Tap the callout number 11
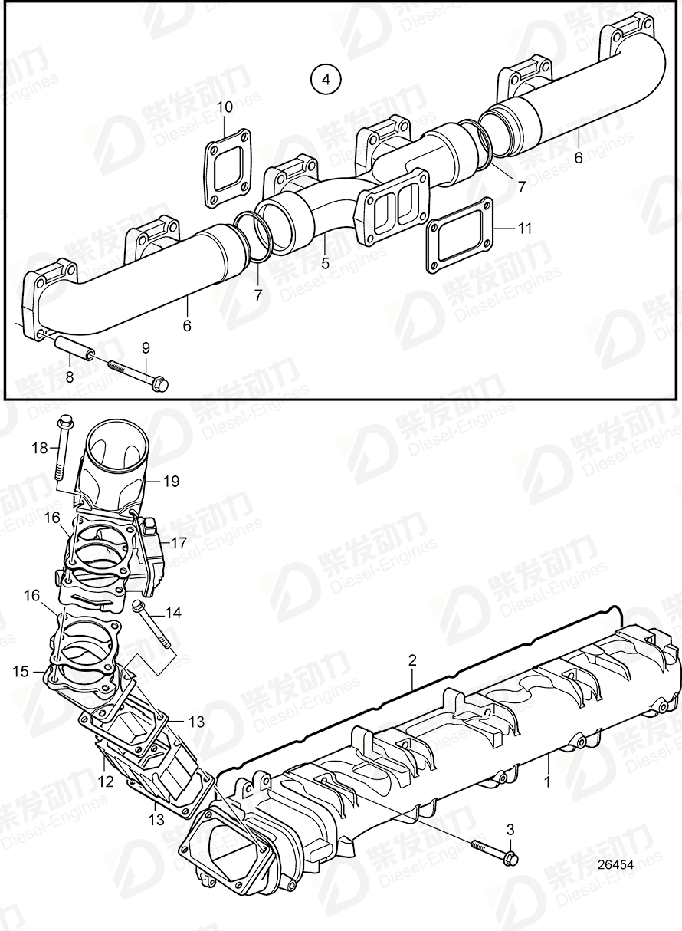(524, 228)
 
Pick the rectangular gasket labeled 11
(459, 234)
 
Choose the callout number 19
(171, 482)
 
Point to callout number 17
(179, 543)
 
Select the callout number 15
(20, 671)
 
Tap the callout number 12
(106, 781)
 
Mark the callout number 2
(411, 659)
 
